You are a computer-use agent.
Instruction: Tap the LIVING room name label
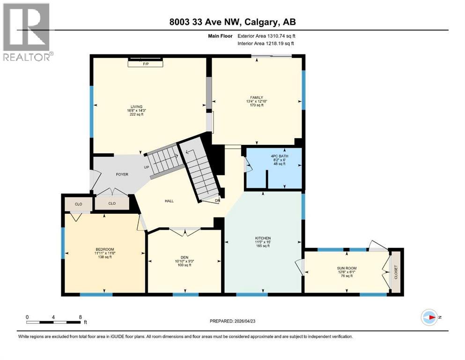click(136, 106)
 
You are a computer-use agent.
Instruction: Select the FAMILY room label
click(256, 97)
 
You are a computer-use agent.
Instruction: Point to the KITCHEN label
click(264, 238)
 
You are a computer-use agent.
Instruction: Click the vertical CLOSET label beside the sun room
click(395, 272)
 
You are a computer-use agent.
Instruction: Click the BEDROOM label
click(105, 249)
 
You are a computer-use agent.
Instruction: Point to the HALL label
click(169, 201)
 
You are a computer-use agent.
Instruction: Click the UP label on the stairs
click(146, 167)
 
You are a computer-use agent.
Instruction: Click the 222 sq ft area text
click(136, 114)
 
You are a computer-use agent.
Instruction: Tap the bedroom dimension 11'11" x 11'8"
click(105, 254)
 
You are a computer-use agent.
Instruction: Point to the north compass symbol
click(429, 318)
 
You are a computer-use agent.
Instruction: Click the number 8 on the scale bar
click(81, 317)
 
